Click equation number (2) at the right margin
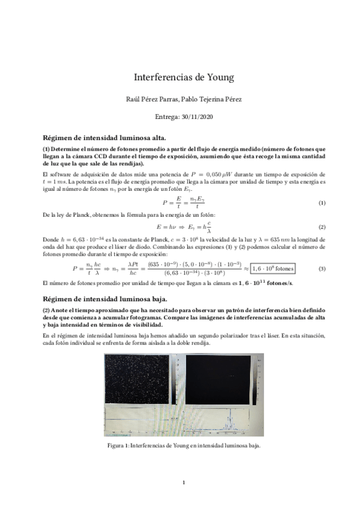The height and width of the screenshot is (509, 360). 322,227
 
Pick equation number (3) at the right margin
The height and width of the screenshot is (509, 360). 322,268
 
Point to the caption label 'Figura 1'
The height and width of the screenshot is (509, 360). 116,445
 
